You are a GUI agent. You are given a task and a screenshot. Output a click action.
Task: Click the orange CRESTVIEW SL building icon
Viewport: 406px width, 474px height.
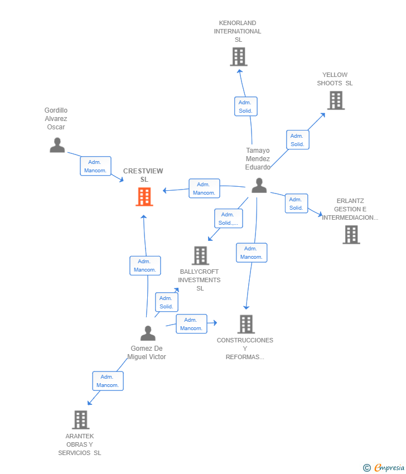point(144,196)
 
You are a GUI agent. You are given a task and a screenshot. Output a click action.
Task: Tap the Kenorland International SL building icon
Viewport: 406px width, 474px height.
point(238,56)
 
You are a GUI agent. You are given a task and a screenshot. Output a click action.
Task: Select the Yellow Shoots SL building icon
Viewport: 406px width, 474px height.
point(335,100)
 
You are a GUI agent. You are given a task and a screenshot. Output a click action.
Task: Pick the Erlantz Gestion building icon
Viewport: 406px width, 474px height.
point(351,235)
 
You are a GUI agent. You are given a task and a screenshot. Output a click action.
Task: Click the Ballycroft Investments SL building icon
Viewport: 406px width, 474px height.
point(200,255)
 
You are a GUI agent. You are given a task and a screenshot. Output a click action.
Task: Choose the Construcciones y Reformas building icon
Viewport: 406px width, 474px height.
point(246,324)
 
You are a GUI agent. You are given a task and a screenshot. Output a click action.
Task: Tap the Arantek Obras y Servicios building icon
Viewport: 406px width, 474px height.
point(81,419)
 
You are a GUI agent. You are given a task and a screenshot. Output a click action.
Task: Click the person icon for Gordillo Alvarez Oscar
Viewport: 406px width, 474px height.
point(57,145)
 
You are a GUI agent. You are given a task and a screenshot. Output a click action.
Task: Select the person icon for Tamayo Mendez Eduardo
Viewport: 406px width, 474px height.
point(259,186)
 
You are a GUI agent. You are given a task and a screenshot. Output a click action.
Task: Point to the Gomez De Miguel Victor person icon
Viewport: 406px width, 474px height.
point(148,333)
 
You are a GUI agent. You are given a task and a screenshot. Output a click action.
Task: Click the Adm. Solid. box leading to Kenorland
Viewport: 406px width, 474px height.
point(245,107)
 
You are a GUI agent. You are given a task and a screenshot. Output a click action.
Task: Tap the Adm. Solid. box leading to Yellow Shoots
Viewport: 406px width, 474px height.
point(297,140)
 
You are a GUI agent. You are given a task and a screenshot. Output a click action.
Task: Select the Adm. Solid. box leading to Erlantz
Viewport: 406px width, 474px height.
point(296,204)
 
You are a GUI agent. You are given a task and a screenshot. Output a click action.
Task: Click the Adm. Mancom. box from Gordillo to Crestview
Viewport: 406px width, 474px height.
point(95,166)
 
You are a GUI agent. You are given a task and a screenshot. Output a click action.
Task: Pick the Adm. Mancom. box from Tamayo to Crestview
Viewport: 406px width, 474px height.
point(204,188)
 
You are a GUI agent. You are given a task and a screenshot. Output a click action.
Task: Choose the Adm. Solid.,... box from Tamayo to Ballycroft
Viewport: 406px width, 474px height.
point(228,219)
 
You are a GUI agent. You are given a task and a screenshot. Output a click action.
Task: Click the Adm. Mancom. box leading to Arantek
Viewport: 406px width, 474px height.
point(108,381)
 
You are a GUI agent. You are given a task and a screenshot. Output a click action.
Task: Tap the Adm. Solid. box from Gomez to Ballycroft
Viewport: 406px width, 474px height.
point(166,302)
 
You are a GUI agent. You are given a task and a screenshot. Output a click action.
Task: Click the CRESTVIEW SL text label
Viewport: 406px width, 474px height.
point(143,175)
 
